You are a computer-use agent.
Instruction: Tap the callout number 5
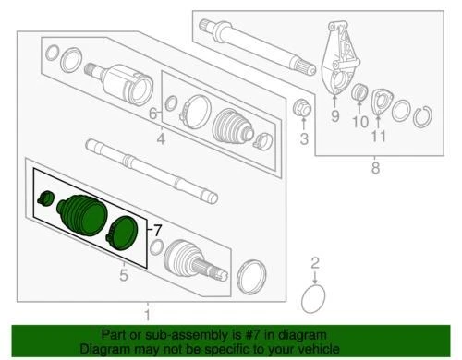click(x=122, y=273)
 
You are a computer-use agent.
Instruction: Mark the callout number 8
click(x=375, y=167)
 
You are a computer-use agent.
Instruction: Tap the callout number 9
click(x=335, y=117)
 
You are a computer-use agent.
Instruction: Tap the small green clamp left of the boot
click(x=44, y=198)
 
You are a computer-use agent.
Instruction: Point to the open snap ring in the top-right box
click(x=426, y=116)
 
